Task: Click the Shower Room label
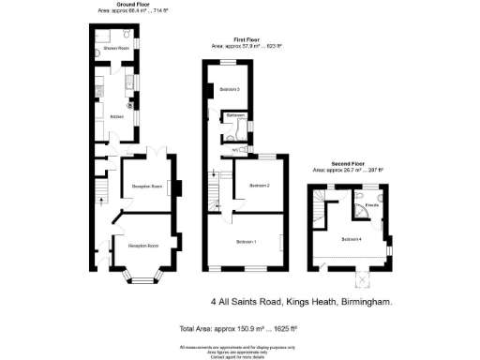click(x=115, y=46)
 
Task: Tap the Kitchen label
click(x=117, y=116)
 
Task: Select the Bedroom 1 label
click(x=247, y=242)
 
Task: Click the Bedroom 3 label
click(x=230, y=89)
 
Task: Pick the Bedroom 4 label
click(x=352, y=239)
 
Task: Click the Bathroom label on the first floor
click(x=234, y=115)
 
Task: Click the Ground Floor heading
click(x=134, y=5)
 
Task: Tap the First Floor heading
click(x=247, y=39)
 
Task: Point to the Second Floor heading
click(x=348, y=165)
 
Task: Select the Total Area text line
click(x=238, y=329)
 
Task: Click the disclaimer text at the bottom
click(x=238, y=349)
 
